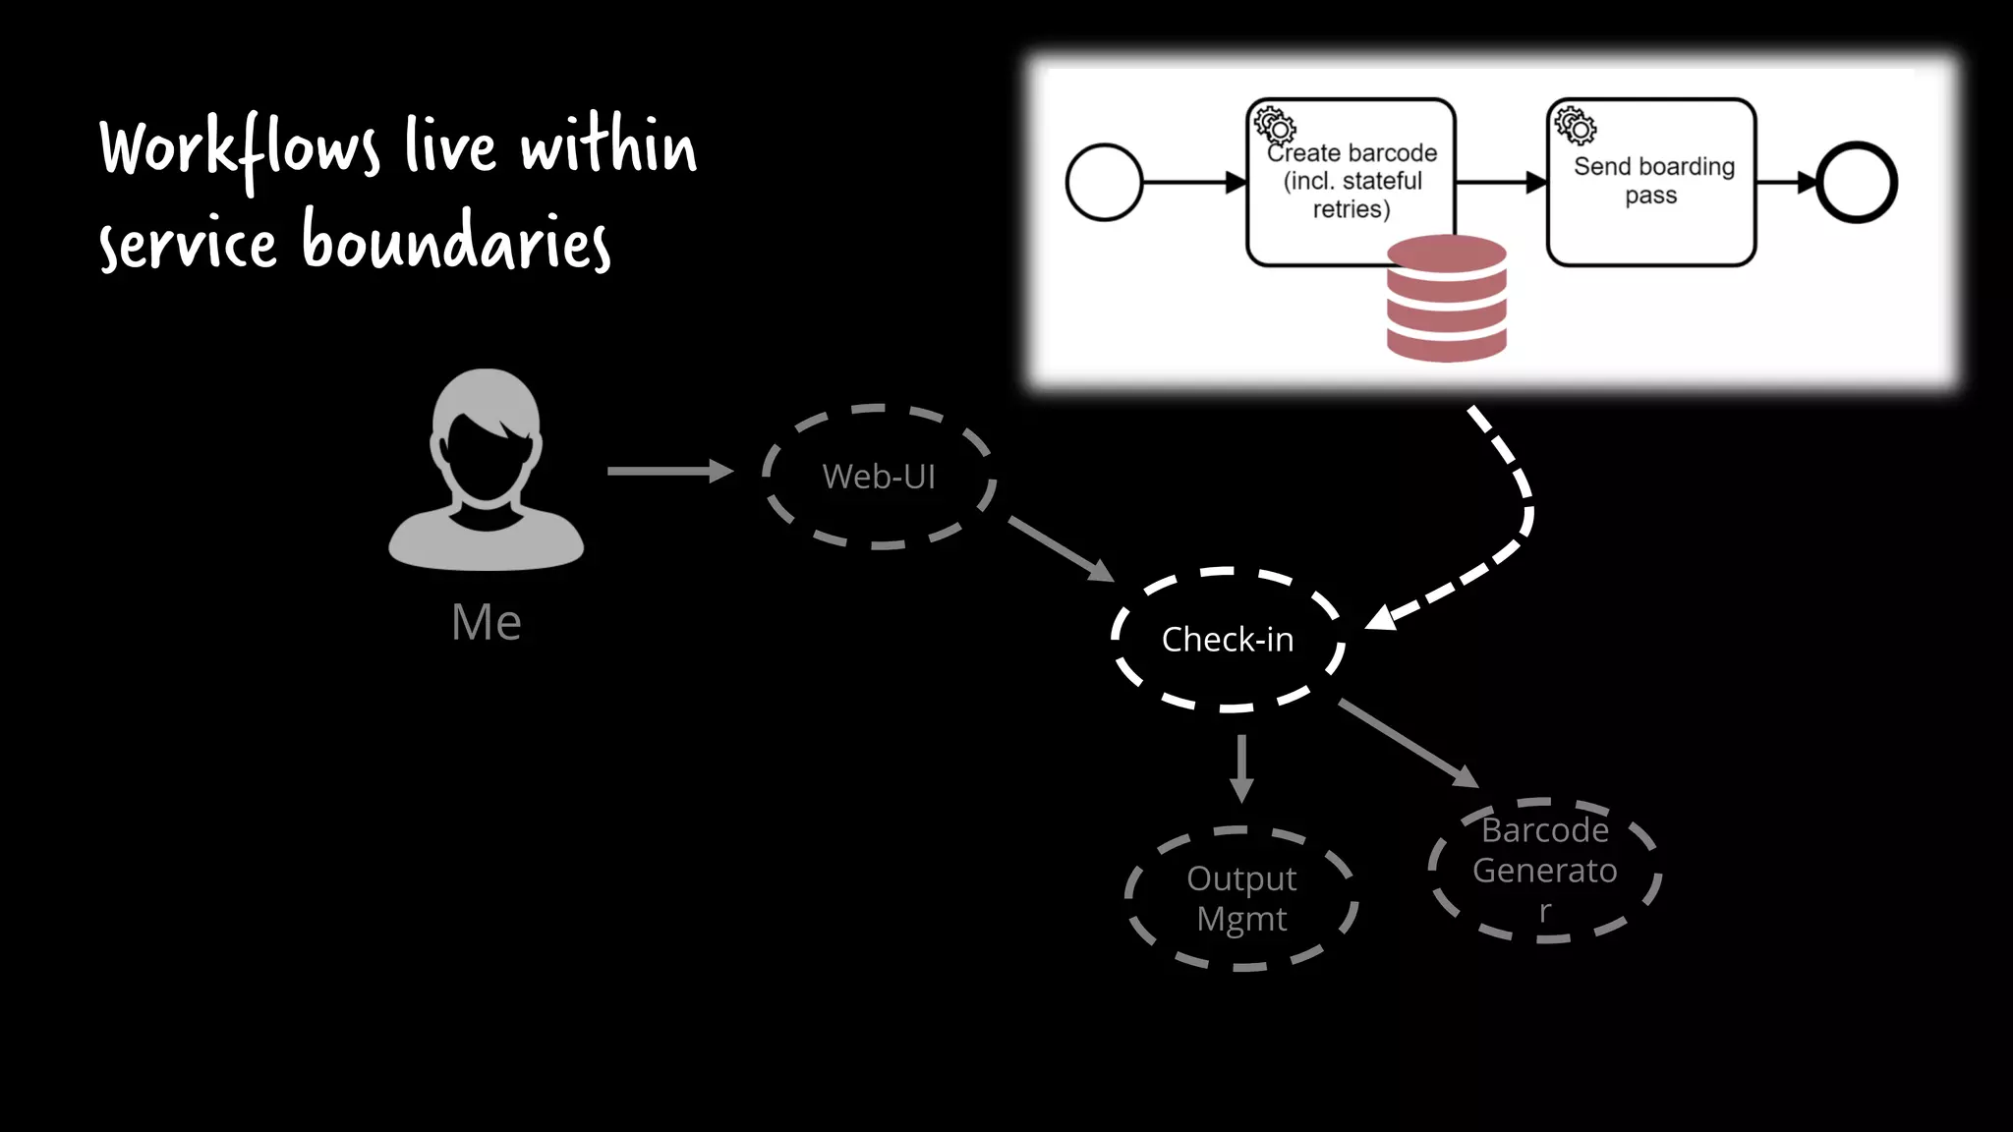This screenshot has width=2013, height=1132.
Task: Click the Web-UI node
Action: click(x=879, y=477)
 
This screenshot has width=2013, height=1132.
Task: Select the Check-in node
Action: click(x=1228, y=640)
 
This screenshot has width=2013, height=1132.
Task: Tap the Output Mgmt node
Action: click(x=1241, y=898)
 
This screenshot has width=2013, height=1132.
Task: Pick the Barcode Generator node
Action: click(x=1544, y=871)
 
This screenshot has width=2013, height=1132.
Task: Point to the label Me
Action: click(x=486, y=622)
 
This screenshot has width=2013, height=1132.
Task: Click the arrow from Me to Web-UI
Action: click(x=668, y=472)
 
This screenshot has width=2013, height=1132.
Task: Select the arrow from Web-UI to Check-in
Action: click(x=1060, y=548)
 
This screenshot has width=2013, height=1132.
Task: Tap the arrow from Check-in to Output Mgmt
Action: click(x=1241, y=767)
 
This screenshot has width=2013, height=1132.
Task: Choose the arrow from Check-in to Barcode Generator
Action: click(x=1408, y=743)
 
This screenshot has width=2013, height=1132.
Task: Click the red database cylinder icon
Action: click(x=1446, y=299)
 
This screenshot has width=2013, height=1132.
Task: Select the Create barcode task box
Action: click(x=1351, y=182)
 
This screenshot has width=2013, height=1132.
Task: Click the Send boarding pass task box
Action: click(x=1651, y=182)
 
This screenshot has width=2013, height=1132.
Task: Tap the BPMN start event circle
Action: click(x=1104, y=183)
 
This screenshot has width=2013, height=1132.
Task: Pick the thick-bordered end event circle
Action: click(x=1857, y=183)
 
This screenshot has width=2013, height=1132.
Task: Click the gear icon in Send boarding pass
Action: click(x=1575, y=126)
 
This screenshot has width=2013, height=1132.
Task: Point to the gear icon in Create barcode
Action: click(x=1275, y=126)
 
